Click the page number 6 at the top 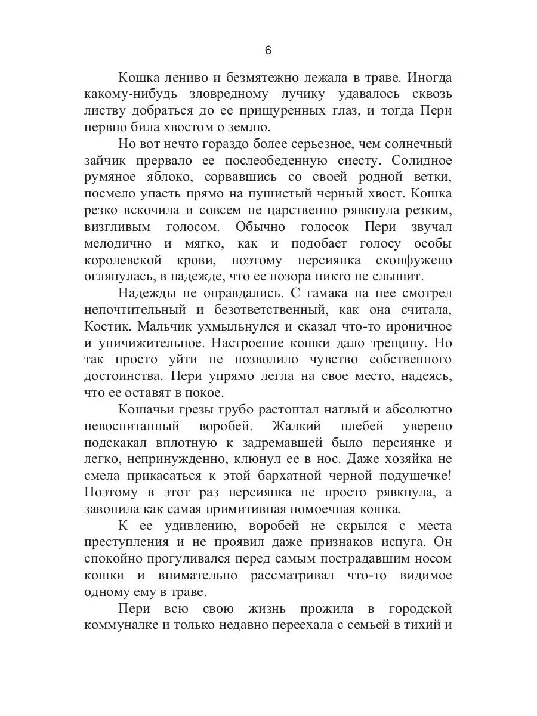pos(268,50)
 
